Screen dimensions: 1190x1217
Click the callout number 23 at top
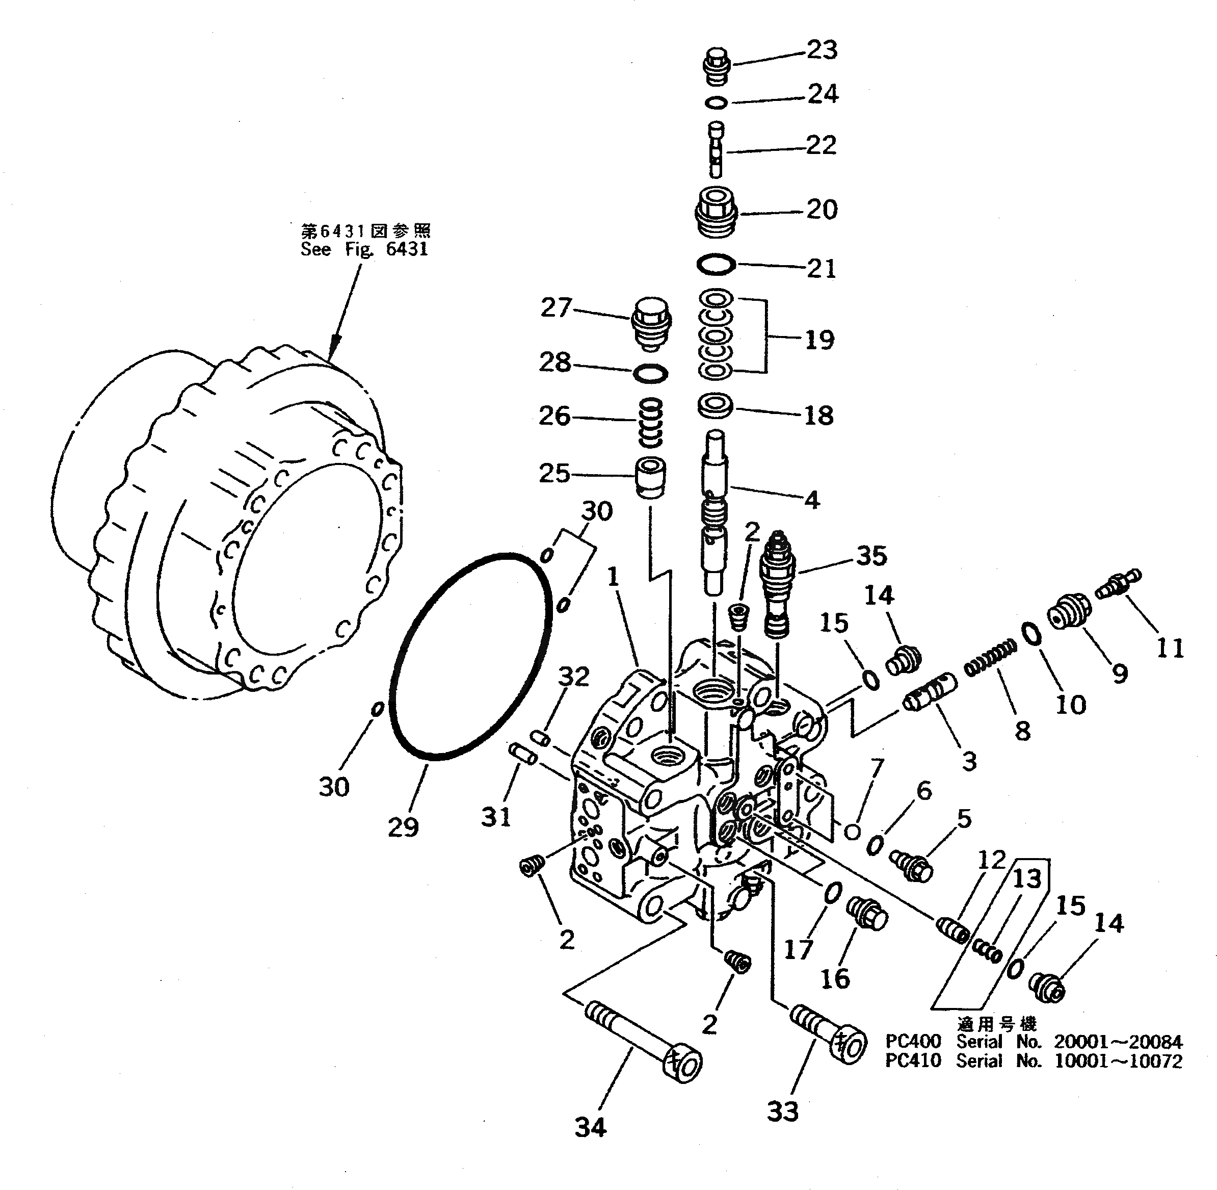(x=821, y=50)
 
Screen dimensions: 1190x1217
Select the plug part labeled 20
(x=717, y=213)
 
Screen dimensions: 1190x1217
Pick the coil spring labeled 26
(x=650, y=423)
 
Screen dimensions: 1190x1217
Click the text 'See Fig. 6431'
(x=364, y=249)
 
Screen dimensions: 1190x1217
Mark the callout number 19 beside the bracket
(x=819, y=340)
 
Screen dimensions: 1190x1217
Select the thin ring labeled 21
(x=716, y=265)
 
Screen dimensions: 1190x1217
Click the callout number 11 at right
(x=1170, y=648)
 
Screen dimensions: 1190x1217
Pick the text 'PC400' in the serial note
(x=913, y=1041)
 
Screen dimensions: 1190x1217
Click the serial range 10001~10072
(x=1118, y=1061)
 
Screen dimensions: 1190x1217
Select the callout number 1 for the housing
(x=613, y=577)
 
